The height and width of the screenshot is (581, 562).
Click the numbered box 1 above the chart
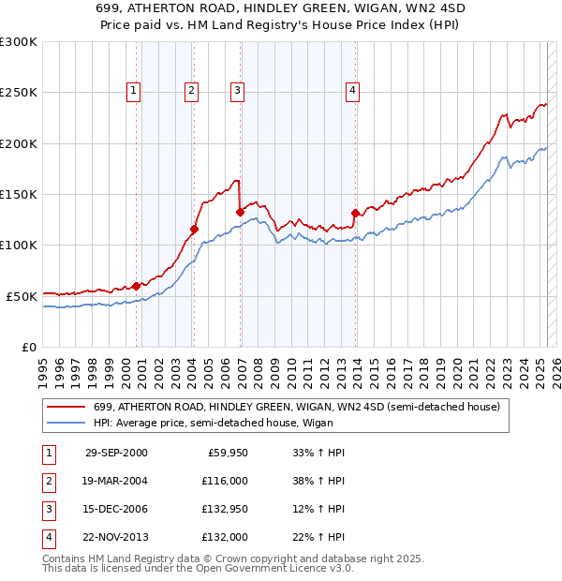click(x=135, y=91)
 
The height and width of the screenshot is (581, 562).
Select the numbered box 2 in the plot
click(x=191, y=91)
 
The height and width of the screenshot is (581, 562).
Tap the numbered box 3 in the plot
click(x=238, y=91)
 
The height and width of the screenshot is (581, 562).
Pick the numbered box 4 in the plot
click(x=353, y=91)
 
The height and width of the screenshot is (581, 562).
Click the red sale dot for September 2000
click(x=137, y=285)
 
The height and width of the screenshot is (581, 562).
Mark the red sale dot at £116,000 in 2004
click(x=194, y=228)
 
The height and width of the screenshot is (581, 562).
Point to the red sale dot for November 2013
click(x=355, y=212)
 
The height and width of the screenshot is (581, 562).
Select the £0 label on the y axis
click(x=29, y=347)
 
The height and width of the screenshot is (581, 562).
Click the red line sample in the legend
click(x=66, y=407)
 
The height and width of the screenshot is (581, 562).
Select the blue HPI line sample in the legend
click(x=66, y=423)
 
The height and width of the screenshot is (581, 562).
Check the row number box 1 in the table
click(x=48, y=453)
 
